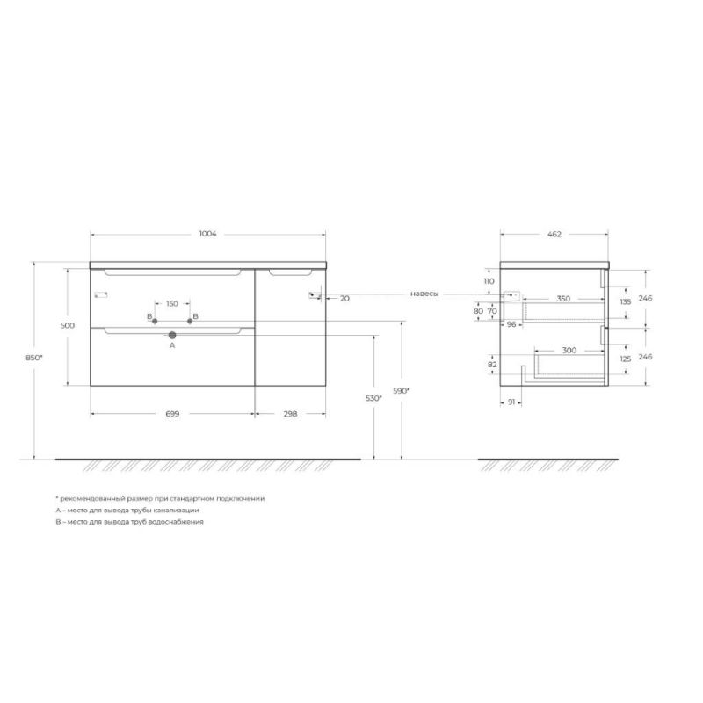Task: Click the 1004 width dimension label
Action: point(207,234)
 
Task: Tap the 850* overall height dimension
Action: point(34,358)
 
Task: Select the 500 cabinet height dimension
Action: point(68,325)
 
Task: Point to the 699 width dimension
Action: point(172,414)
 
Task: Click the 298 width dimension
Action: point(290,414)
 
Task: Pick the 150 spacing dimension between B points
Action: point(172,303)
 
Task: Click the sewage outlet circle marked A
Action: point(172,335)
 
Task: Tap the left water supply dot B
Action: point(155,321)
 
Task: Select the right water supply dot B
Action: point(190,321)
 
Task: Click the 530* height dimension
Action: point(374,398)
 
